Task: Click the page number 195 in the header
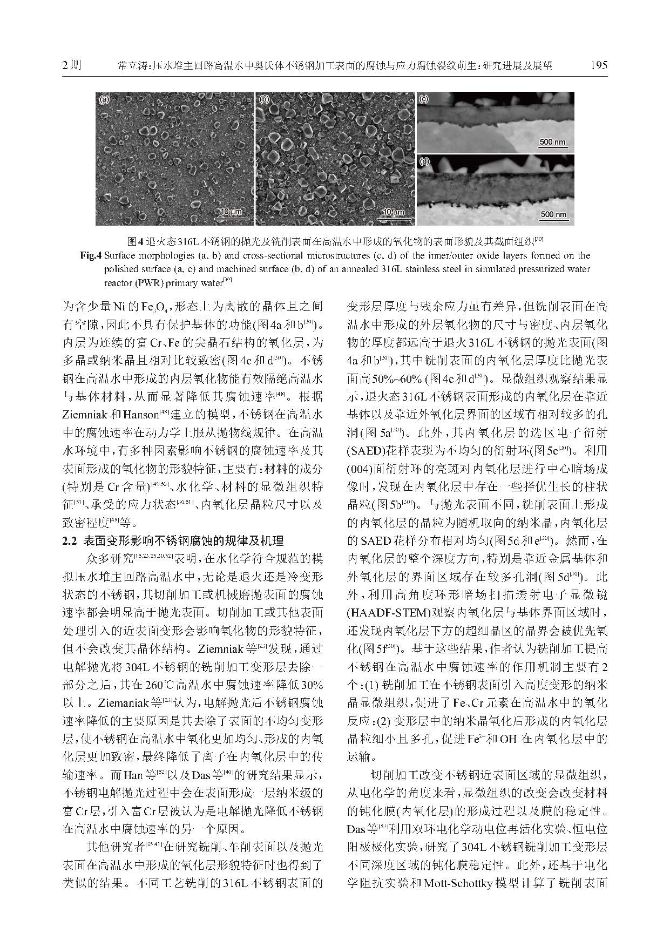(x=599, y=65)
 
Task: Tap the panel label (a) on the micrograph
(x=104, y=99)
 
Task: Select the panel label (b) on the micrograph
(x=264, y=99)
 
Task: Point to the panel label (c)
(x=424, y=99)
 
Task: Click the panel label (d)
(x=424, y=161)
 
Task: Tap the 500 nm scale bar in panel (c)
(x=553, y=143)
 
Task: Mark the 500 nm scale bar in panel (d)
(x=553, y=215)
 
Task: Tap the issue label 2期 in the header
(x=71, y=65)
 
